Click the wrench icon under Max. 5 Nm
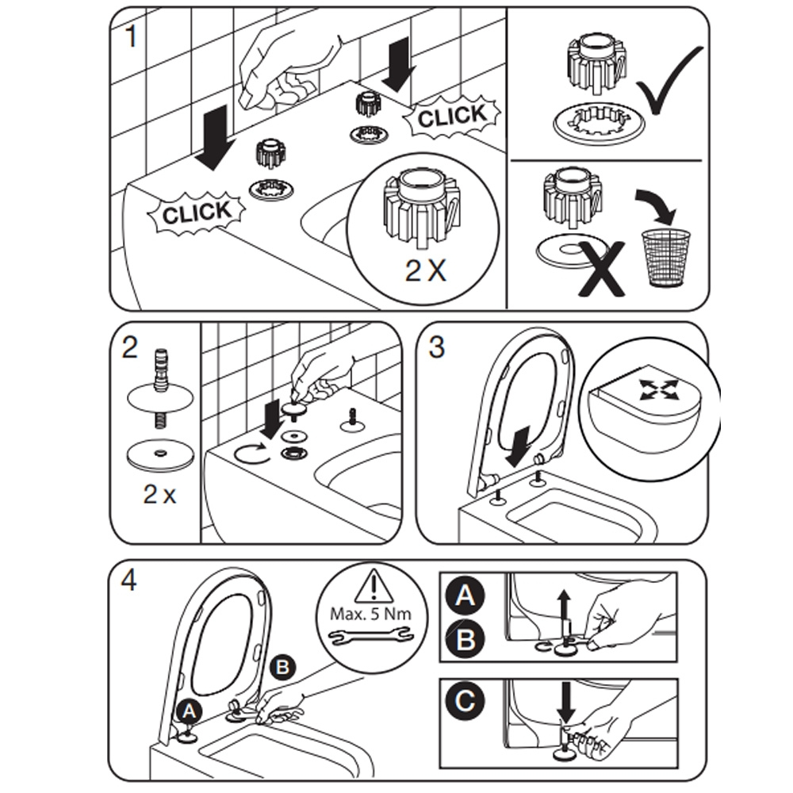tap(370, 634)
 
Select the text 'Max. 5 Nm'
tap(370, 613)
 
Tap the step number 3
tap(436, 347)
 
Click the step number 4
tap(128, 580)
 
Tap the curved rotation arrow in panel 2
tap(250, 454)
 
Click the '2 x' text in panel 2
tap(159, 496)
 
